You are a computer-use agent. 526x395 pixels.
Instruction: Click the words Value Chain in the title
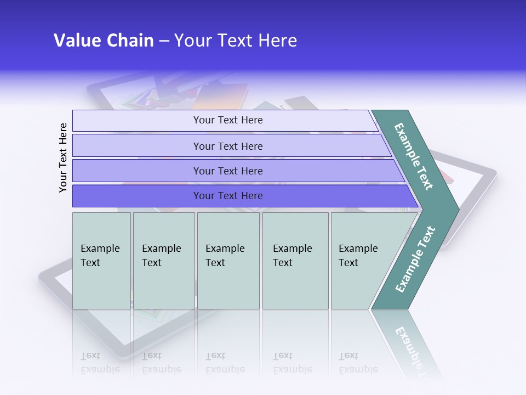[104, 41]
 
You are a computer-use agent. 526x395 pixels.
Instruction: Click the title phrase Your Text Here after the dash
[236, 41]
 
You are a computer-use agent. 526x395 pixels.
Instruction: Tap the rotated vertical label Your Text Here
[63, 157]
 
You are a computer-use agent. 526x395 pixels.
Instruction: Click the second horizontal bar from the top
[228, 146]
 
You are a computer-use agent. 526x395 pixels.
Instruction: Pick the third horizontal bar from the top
[228, 171]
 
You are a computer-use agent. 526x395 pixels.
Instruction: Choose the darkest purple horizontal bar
[228, 196]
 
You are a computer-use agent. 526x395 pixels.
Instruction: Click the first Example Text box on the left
[101, 260]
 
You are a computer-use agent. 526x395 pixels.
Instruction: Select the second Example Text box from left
[163, 260]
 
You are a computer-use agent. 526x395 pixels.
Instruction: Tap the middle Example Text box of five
[228, 260]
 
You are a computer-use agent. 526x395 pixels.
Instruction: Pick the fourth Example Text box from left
[295, 260]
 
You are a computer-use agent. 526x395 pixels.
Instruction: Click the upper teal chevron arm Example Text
[414, 156]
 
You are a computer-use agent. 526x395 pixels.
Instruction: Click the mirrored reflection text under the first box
[100, 363]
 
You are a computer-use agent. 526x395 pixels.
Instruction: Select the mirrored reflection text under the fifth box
[358, 363]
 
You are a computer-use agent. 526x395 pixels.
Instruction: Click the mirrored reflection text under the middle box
[225, 363]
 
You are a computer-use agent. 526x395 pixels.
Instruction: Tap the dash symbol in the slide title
[164, 41]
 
